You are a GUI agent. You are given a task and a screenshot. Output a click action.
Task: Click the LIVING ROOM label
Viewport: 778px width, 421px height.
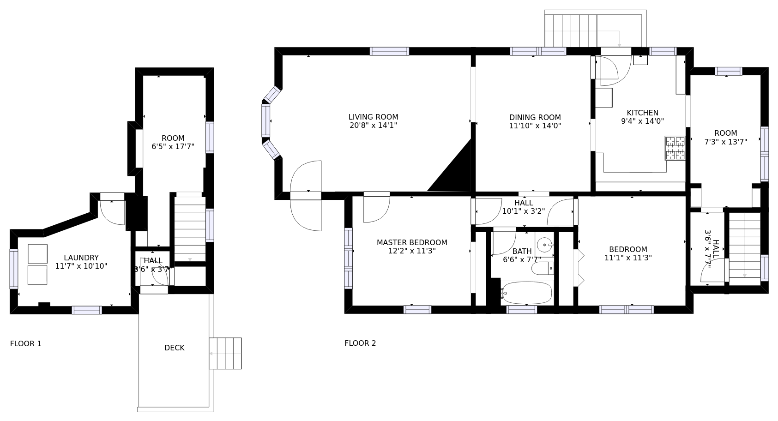point(373,117)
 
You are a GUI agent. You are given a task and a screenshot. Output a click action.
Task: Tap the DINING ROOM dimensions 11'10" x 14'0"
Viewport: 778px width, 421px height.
point(535,126)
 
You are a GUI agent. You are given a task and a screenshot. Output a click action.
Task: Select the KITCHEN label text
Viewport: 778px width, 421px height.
point(642,113)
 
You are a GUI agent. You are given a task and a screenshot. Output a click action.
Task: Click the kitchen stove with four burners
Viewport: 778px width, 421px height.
point(675,148)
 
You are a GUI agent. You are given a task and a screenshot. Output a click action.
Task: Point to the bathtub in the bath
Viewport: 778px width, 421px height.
point(527,293)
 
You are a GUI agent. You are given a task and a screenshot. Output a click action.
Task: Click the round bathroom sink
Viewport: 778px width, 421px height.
point(544,245)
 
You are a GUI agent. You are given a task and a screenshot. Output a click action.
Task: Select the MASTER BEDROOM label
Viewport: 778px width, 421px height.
point(412,242)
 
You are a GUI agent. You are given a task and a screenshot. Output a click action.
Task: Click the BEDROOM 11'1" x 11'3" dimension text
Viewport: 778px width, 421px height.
point(628,258)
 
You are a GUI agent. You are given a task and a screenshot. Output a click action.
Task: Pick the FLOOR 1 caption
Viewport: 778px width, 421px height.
point(26,343)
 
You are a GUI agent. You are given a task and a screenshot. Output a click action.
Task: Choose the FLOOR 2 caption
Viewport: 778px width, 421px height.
point(360,343)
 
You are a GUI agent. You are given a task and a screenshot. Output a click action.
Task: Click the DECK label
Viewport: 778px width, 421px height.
point(175,348)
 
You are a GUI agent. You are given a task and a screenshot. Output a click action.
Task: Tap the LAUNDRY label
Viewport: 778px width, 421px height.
point(81,258)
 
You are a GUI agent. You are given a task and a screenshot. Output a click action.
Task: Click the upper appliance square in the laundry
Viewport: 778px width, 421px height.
point(37,254)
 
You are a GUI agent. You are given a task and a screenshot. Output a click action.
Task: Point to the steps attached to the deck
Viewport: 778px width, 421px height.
point(225,353)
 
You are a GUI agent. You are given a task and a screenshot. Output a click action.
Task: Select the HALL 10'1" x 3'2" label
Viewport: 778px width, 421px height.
point(524,207)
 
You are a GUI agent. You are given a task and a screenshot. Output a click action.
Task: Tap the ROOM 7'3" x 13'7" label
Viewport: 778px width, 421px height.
point(725,138)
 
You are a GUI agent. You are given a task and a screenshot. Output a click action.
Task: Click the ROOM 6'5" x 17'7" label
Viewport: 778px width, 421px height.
point(173,143)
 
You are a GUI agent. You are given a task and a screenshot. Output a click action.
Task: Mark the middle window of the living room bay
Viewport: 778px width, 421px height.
point(265,120)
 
